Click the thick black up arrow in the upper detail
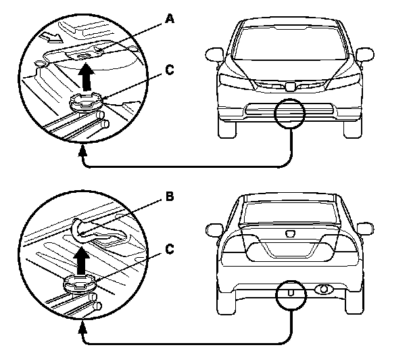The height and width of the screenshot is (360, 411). tap(87, 76)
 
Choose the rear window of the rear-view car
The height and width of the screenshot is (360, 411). tap(290, 212)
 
